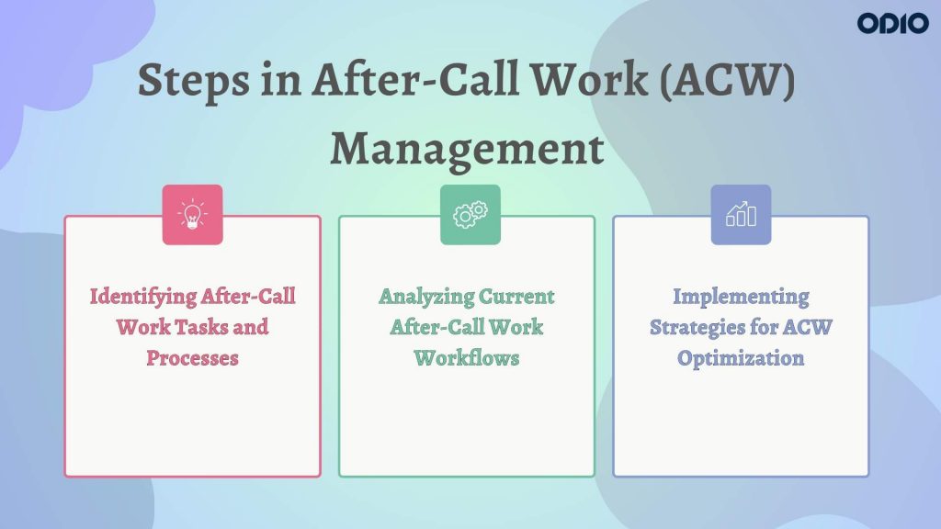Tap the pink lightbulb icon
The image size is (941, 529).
click(192, 215)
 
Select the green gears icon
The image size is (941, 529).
click(470, 215)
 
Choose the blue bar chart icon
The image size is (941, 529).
click(741, 215)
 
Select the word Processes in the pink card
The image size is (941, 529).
click(192, 357)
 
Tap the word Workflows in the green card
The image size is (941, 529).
click(467, 357)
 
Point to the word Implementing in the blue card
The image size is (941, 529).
click(741, 297)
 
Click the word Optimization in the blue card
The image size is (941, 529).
click(741, 357)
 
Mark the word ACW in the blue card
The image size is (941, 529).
click(807, 327)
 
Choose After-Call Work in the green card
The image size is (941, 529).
click(467, 327)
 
